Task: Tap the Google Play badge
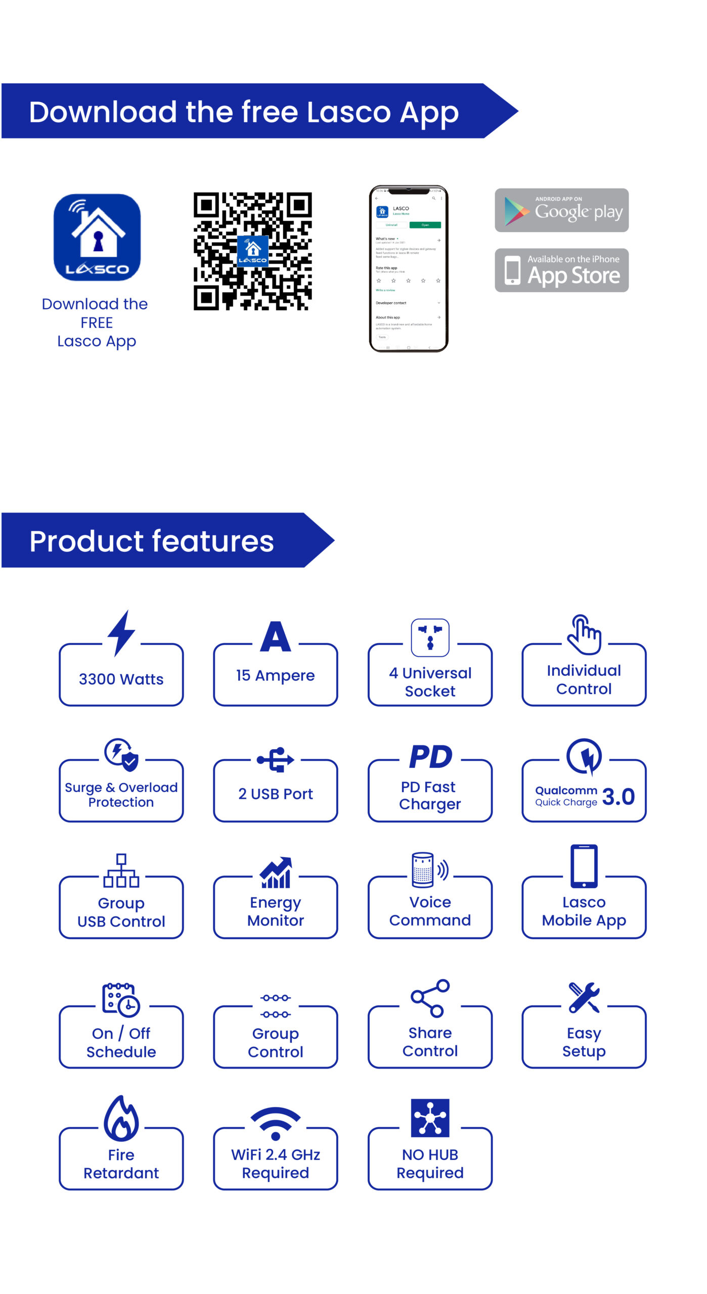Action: [561, 210]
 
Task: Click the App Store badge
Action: [561, 270]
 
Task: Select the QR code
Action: [252, 251]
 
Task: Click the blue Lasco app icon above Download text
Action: [97, 237]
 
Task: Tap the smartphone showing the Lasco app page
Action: [409, 268]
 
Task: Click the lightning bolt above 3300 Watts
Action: [121, 633]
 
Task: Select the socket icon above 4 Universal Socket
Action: [430, 637]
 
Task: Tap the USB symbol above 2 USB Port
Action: [276, 759]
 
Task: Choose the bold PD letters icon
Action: [430, 757]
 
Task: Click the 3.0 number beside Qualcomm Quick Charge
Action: [618, 797]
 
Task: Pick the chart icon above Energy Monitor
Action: [276, 872]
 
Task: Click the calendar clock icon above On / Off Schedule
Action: [121, 999]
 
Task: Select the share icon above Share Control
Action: [430, 998]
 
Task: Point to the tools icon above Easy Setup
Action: [584, 997]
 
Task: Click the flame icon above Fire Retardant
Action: [121, 1118]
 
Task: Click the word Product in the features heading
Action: [86, 541]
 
